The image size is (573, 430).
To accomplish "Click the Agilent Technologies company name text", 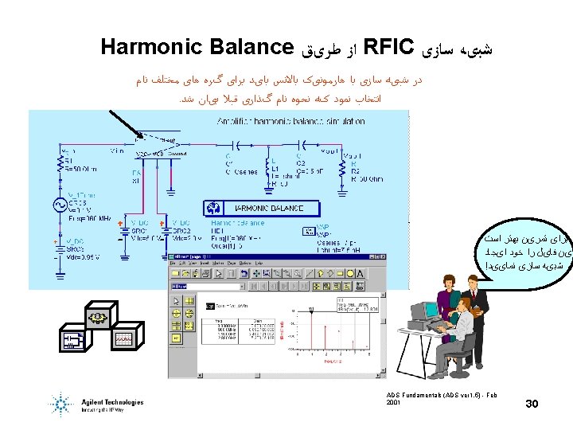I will pyautogui.click(x=111, y=403).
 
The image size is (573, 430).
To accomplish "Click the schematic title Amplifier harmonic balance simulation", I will pyautogui.click(x=291, y=122).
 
